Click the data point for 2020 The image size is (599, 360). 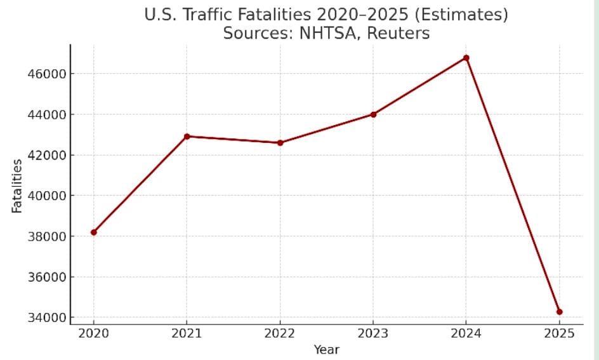[94, 232]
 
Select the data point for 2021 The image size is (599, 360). [187, 137]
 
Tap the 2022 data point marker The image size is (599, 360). [280, 143]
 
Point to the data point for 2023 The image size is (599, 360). [373, 114]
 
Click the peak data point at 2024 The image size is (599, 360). [466, 58]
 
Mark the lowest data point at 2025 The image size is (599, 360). [559, 312]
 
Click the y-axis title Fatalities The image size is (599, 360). [17, 185]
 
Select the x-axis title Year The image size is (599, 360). [326, 350]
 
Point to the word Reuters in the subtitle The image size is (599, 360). [398, 34]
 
